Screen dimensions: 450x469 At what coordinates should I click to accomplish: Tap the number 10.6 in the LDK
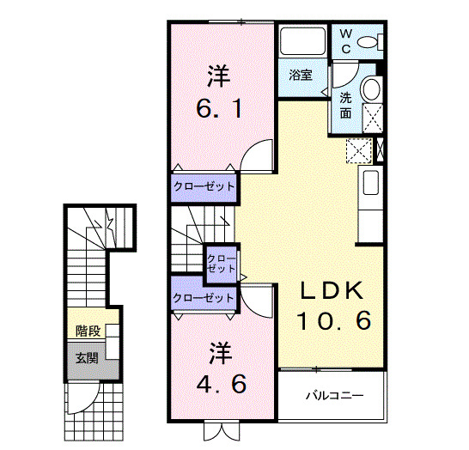coord(334,321)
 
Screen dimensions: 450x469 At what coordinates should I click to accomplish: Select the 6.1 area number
coord(220,109)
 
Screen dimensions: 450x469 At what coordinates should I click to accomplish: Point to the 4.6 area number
coord(220,382)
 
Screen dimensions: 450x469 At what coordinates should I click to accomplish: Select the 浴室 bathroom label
coord(300,75)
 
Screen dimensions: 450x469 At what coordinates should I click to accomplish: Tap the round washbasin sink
coord(372,89)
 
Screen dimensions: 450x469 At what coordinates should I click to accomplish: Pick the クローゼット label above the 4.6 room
coord(204,298)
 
